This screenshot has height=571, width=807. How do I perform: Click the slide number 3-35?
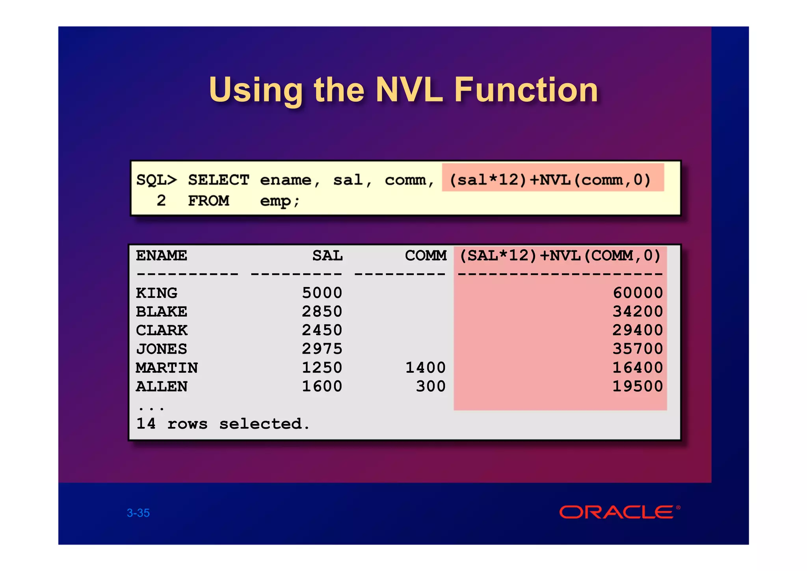[x=138, y=513]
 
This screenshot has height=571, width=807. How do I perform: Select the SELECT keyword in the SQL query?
[x=218, y=180]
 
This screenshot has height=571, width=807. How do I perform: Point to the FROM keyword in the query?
[x=208, y=201]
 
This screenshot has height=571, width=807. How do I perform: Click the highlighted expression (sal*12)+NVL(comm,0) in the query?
[x=550, y=180]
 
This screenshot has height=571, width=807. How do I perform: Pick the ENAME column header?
[x=162, y=256]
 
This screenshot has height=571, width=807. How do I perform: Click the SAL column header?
[x=327, y=256]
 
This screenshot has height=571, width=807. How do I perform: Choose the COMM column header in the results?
[x=426, y=256]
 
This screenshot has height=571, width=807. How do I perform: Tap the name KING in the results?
[x=156, y=293]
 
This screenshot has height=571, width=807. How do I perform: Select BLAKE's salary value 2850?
[x=322, y=312]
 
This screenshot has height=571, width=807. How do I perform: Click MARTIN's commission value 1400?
[x=426, y=368]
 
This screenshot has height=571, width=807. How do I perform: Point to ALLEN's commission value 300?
[x=431, y=386]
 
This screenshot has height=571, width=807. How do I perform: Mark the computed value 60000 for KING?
[x=638, y=293]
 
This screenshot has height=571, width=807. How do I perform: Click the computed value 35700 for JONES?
[x=638, y=349]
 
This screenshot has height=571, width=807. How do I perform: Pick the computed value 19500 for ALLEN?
[x=638, y=386]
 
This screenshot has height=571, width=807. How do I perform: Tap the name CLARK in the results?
[x=162, y=330]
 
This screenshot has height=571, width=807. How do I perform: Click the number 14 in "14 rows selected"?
[x=146, y=424]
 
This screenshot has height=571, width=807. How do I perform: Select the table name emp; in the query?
[x=279, y=201]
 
